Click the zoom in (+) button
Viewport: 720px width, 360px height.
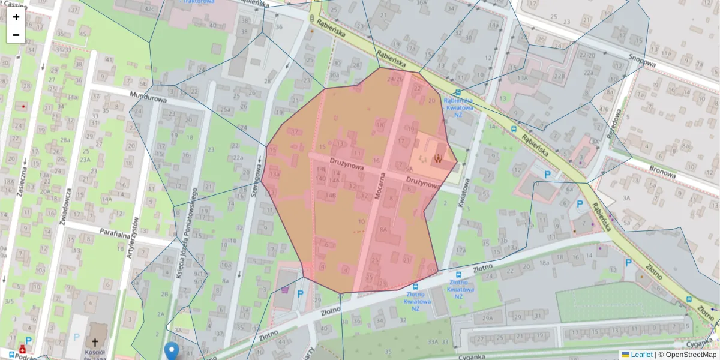coord(16,17)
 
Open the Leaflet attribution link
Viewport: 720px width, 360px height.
coord(641,355)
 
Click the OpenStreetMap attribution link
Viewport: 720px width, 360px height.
coord(691,355)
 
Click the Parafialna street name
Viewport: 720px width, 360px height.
coord(100,231)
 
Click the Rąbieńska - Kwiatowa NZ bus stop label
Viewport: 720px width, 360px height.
coord(458,107)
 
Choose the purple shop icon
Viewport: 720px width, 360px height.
coord(284,290)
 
